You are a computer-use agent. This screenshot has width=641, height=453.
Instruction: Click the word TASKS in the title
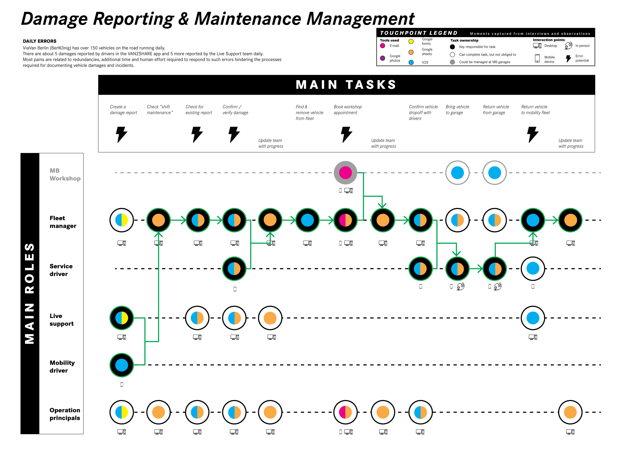coord(371,85)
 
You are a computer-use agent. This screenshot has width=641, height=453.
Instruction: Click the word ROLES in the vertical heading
coord(30,268)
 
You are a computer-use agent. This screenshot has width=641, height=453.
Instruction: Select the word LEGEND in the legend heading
coord(443,33)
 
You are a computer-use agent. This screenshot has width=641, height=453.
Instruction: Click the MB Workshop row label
coord(65,175)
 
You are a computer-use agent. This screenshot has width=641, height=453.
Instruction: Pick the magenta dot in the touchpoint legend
coord(383,45)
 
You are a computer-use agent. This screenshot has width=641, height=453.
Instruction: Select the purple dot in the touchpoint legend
coord(383,58)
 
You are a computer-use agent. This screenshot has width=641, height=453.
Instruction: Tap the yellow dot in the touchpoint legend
coord(411,41)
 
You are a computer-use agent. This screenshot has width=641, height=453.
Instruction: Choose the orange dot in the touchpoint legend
coord(411,52)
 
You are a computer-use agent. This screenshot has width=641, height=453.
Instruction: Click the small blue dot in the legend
coord(411,63)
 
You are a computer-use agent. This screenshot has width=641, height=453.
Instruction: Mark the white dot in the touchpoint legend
coord(452,54)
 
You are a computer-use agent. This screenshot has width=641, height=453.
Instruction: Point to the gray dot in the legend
coord(452,62)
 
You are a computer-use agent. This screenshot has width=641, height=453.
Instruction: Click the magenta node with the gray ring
coord(345,173)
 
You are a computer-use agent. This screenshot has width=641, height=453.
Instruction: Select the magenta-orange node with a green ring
coord(345,220)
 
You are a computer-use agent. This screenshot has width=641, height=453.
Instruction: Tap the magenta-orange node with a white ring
coord(345,412)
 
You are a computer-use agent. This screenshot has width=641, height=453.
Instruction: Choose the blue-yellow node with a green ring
coord(122,318)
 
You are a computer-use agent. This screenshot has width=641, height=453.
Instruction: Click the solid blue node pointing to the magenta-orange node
coord(307,220)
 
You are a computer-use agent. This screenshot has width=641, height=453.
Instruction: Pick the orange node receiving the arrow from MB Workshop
coord(383,220)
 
